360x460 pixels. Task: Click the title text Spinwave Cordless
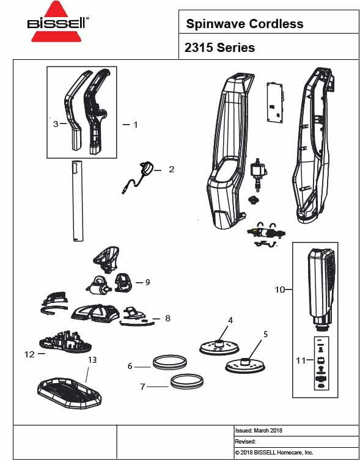click(244, 24)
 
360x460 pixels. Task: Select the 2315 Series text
click(219, 48)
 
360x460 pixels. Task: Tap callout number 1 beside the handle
click(135, 124)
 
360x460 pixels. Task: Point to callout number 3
click(55, 123)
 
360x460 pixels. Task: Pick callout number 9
click(147, 282)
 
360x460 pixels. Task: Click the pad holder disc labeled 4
click(218, 345)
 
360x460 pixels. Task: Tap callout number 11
click(300, 360)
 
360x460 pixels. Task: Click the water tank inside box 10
click(321, 284)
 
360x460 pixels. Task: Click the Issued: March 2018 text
click(259, 430)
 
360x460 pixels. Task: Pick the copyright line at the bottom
click(274, 453)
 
